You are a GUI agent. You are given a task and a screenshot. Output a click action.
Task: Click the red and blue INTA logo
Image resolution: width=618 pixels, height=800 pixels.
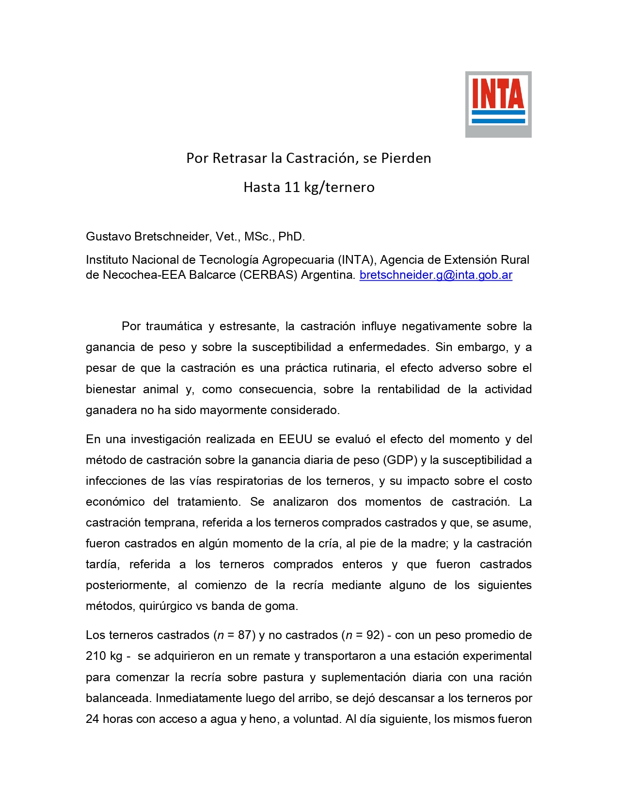click(x=498, y=104)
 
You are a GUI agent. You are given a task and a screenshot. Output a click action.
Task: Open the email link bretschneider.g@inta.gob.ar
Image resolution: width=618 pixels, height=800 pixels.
click(x=436, y=275)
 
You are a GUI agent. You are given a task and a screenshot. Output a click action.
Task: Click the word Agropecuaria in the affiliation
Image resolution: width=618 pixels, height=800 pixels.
click(x=298, y=260)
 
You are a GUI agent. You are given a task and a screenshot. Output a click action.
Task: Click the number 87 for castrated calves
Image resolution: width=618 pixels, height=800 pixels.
click(x=245, y=635)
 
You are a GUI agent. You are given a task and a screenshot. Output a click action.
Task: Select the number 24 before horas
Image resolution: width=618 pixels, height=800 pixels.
click(x=93, y=719)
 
